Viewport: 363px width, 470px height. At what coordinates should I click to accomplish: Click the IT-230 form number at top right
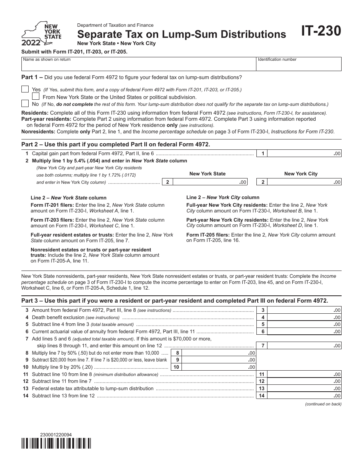(321, 31)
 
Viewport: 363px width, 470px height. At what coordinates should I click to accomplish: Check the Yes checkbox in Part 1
(25, 89)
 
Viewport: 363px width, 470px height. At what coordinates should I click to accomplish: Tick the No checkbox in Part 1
(25, 104)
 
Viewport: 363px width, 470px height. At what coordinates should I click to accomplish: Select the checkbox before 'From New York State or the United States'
(36, 97)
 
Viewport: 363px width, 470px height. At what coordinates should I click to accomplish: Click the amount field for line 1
(304, 154)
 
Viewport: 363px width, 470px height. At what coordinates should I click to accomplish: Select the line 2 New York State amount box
(210, 182)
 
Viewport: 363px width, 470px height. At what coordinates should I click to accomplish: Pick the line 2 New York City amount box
(304, 182)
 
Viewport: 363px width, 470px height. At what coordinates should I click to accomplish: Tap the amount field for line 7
(304, 346)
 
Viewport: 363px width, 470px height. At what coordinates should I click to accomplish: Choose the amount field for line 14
(304, 396)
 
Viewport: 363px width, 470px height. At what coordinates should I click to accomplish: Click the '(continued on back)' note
(323, 404)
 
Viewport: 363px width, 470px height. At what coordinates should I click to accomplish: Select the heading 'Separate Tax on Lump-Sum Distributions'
(181, 34)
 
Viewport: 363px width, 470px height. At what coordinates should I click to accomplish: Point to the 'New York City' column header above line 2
(301, 174)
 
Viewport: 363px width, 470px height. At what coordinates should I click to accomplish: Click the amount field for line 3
(304, 310)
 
